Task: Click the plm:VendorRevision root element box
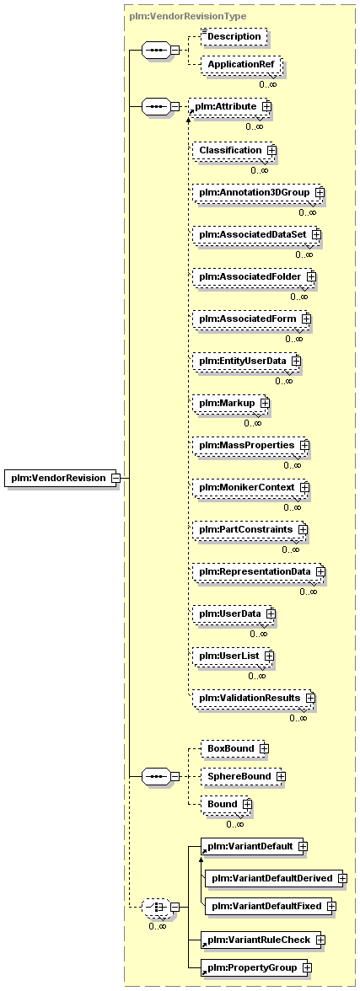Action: tap(58, 478)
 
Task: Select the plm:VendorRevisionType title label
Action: tap(188, 16)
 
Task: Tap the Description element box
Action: tap(234, 37)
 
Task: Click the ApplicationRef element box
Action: tap(240, 64)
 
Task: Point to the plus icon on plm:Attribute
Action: tap(266, 107)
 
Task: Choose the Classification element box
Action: tap(234, 150)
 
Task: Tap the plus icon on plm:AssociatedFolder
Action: tap(311, 276)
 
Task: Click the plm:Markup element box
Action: tap(232, 403)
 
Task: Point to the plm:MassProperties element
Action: tap(251, 446)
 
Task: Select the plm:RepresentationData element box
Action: tap(260, 572)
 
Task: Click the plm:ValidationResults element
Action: tap(255, 699)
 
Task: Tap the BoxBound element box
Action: tap(235, 749)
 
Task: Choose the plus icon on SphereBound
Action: tap(280, 776)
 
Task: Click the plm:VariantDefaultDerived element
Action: tap(277, 878)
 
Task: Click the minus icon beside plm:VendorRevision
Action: tap(116, 478)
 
